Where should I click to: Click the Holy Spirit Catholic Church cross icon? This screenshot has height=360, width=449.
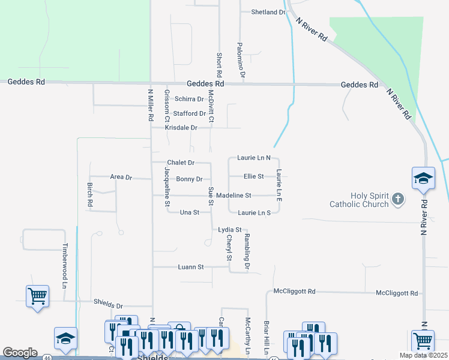pos(397,199)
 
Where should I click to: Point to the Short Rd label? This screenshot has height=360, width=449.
pos(219,64)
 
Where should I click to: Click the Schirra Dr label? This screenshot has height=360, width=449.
pos(190,99)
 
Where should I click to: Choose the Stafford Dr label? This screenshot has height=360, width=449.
pos(190,113)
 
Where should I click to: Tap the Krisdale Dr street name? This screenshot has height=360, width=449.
pos(182,128)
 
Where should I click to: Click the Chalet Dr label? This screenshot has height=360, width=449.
pos(181,163)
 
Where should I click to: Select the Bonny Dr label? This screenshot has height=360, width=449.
pos(193,179)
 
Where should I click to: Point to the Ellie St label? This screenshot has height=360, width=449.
pos(254,176)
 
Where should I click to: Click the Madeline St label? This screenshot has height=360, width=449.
pos(234,196)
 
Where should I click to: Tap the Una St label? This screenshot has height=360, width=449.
pos(190,212)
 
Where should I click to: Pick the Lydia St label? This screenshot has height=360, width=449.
pos(229,230)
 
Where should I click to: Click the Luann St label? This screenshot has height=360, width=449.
pos(191,267)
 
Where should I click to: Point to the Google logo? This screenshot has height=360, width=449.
pos(20,353)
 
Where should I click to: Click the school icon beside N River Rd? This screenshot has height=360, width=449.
pos(423,178)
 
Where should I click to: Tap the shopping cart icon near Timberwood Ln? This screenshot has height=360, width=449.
pos(37,296)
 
